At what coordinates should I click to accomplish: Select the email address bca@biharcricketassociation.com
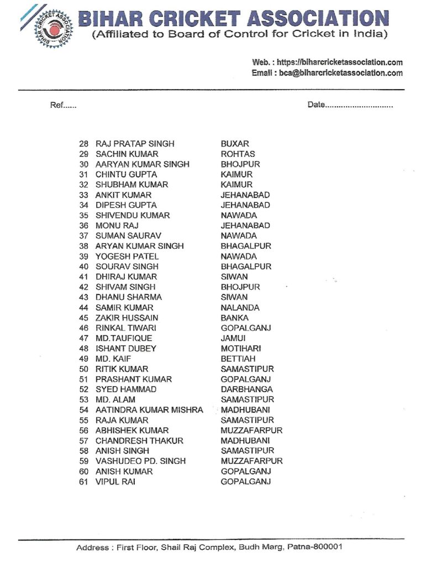point(343,73)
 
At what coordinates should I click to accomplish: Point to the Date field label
point(317,105)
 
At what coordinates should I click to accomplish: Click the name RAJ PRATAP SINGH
point(135,144)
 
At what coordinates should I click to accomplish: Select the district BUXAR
point(235,144)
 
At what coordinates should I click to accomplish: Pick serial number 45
point(84,318)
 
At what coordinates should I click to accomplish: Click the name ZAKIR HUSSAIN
point(127,318)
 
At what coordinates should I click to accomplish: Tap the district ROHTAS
point(238,154)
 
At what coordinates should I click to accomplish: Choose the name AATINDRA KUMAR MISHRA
point(149,410)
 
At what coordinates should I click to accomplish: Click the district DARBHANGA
point(246,390)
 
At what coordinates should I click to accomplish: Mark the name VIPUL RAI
point(115,482)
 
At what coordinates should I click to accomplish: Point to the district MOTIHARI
point(241,349)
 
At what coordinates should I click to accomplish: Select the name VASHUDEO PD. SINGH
point(140,461)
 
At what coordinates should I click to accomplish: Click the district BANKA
point(235,318)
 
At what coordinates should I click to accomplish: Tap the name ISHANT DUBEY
point(125,349)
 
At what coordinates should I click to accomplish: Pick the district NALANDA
point(240,307)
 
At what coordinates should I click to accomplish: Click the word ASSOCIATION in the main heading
point(318,20)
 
